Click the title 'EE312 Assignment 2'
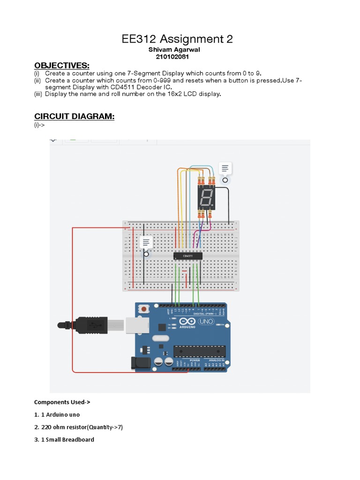point(177,39)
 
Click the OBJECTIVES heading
point(61,65)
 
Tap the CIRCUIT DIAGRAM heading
point(74,116)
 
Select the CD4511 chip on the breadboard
point(188,255)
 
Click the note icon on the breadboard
point(146,242)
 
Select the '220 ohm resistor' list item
point(78,427)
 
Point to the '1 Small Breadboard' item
point(64,440)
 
